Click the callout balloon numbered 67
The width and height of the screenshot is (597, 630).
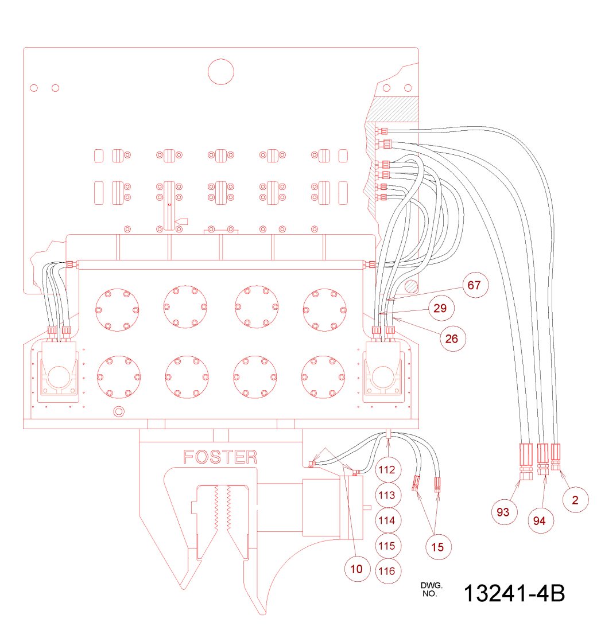tap(474, 285)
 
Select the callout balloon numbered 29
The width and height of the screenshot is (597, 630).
tap(440, 308)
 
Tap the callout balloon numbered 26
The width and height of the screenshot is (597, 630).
tap(452, 339)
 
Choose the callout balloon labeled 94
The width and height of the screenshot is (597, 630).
tap(538, 520)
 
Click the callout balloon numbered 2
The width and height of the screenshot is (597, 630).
tap(575, 500)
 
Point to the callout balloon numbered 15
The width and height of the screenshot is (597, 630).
tap(437, 547)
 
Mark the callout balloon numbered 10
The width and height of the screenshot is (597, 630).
tap(356, 569)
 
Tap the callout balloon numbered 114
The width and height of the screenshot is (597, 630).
tap(387, 521)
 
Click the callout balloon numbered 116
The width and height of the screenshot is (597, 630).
tap(387, 571)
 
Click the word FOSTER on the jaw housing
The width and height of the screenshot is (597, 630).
tap(220, 457)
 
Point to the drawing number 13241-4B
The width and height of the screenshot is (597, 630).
tap(514, 593)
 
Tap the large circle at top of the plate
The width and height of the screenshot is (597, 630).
tap(220, 72)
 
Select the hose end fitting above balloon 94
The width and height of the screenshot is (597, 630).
tap(542, 455)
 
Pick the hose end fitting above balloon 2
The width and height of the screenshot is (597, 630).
tap(556, 454)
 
